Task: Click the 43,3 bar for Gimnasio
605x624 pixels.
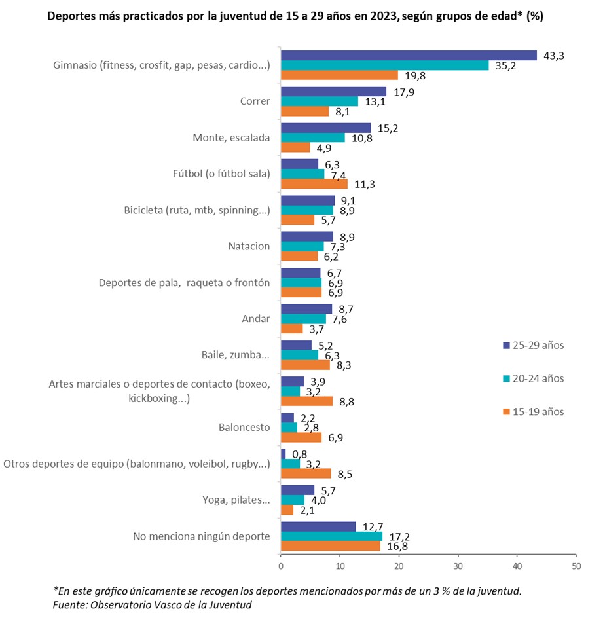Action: [x=409, y=56]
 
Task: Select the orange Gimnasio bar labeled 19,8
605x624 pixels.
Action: [x=339, y=75]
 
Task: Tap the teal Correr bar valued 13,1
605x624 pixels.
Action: [x=320, y=101]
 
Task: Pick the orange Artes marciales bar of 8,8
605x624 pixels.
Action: [x=306, y=401]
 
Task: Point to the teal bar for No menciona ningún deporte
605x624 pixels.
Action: [x=331, y=536]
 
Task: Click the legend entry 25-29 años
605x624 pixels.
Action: [x=533, y=345]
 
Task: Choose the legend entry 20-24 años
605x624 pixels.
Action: [x=533, y=378]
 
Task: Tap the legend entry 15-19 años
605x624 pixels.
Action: [x=533, y=412]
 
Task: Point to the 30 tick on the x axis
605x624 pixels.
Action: [x=458, y=565]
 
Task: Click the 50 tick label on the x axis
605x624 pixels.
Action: [x=576, y=565]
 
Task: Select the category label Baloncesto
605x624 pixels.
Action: [x=244, y=428]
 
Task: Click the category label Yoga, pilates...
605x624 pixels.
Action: [x=237, y=500]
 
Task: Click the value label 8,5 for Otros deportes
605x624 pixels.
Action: [x=345, y=474]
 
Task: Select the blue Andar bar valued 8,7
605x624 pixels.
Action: [x=306, y=308]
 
